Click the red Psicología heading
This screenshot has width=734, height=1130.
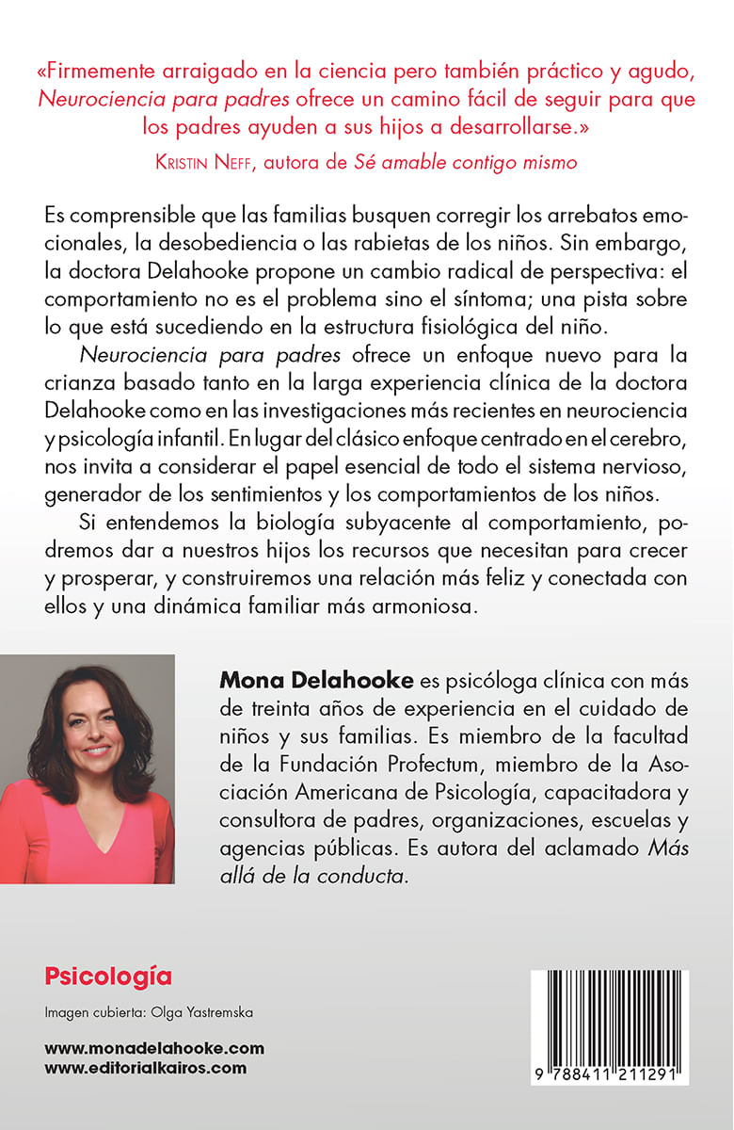(108, 977)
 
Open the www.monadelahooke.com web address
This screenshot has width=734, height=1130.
(154, 1048)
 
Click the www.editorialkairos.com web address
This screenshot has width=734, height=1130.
(146, 1068)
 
